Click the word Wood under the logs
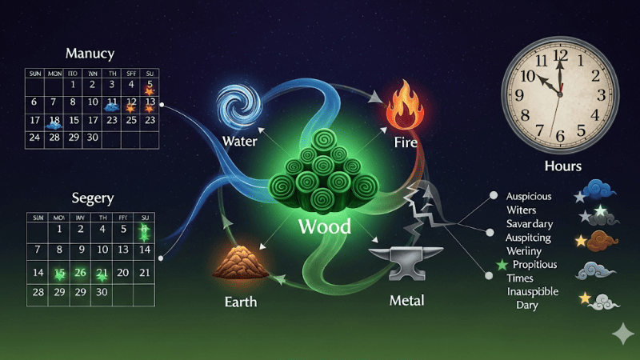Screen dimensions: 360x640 pyautogui.click(x=324, y=226)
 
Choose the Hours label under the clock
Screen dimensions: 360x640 pyautogui.click(x=562, y=166)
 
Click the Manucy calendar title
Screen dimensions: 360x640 pyautogui.click(x=90, y=54)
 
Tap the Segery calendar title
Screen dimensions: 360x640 pyautogui.click(x=92, y=198)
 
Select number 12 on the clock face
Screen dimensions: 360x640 pyautogui.click(x=560, y=57)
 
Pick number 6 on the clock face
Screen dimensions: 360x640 pyautogui.click(x=560, y=135)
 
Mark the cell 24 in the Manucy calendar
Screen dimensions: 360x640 pyautogui.click(x=34, y=137)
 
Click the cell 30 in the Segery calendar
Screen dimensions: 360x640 pyautogui.click(x=102, y=292)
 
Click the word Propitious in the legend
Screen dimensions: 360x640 pyautogui.click(x=535, y=264)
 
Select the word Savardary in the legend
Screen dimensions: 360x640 pyautogui.click(x=531, y=223)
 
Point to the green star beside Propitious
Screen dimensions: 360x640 pyautogui.click(x=502, y=265)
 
